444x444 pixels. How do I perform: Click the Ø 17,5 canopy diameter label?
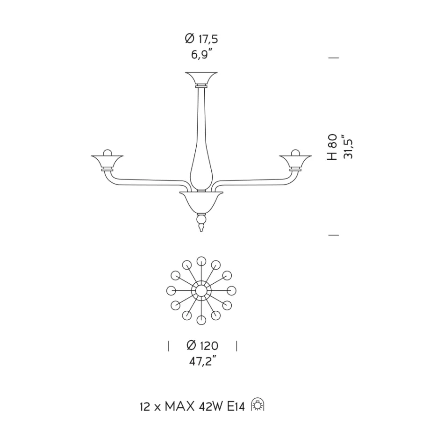coord(201,39)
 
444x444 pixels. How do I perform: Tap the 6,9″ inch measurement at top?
coord(201,54)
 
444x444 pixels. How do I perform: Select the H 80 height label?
coord(332,147)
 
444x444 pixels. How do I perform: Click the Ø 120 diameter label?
coord(202,345)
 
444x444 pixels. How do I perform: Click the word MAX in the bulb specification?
coord(179,407)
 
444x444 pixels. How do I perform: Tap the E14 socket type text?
coord(236,407)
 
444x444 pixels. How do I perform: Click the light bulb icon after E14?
coord(258,405)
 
